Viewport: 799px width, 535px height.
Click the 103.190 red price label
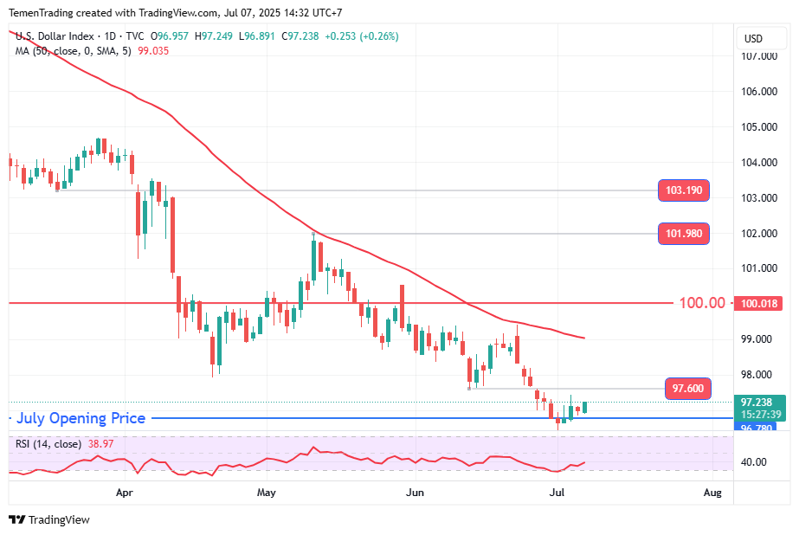684,190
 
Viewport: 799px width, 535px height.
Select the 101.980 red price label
684,233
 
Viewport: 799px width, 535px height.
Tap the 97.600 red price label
688,390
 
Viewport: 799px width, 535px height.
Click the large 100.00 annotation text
701,303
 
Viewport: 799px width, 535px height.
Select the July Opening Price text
81,419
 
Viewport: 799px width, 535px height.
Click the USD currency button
754,39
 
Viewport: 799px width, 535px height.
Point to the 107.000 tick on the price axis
759,56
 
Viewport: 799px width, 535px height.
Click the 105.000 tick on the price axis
759,127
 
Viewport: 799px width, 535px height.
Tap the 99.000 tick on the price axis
759,339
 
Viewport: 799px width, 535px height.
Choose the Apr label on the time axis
125,493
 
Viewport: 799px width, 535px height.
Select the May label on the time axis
266,493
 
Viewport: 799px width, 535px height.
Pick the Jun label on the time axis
416,493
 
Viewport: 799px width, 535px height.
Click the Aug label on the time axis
712,493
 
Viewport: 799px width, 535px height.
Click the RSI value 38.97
100,444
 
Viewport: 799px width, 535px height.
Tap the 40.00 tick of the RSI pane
754,462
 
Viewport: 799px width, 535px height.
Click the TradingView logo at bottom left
49,520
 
